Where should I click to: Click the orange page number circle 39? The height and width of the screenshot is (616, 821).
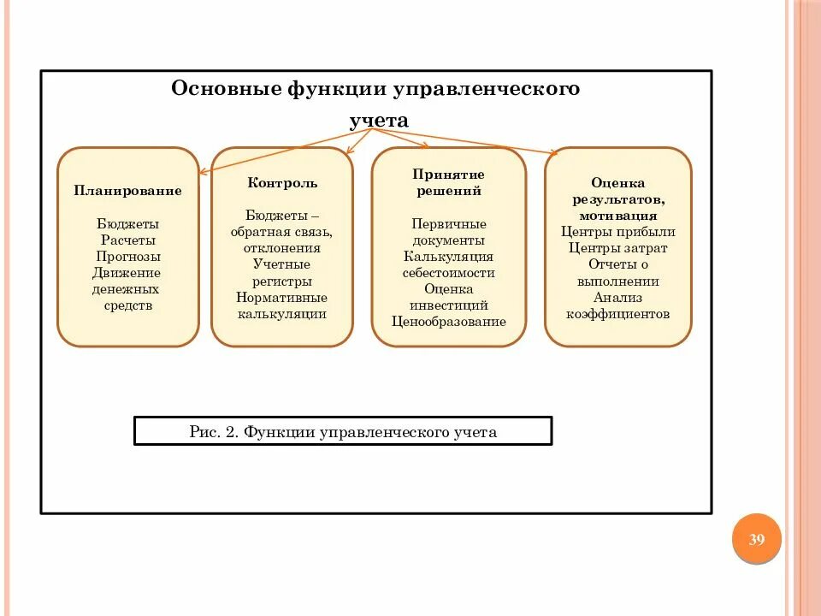pyautogui.click(x=756, y=539)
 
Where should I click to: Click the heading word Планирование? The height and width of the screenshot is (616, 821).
pyautogui.click(x=127, y=191)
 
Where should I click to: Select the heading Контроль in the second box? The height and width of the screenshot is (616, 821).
pyautogui.click(x=282, y=183)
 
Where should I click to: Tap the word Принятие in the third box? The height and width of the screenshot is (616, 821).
pyautogui.click(x=448, y=175)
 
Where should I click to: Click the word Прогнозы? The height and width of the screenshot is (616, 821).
pyautogui.click(x=128, y=256)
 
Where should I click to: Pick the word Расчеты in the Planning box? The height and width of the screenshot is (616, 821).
pyautogui.click(x=128, y=240)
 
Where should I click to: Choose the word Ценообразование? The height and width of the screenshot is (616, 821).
pyautogui.click(x=449, y=322)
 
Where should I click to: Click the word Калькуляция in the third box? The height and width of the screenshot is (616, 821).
pyautogui.click(x=449, y=256)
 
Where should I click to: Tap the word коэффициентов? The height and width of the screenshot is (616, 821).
pyautogui.click(x=617, y=313)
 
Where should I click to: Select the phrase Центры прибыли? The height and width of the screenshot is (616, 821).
pyautogui.click(x=617, y=232)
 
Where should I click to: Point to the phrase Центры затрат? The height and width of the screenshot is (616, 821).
pyautogui.click(x=617, y=248)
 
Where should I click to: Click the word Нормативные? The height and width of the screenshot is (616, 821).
pyautogui.click(x=282, y=297)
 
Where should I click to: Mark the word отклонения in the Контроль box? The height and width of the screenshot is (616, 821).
pyautogui.click(x=282, y=248)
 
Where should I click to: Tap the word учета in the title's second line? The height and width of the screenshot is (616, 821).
pyautogui.click(x=379, y=121)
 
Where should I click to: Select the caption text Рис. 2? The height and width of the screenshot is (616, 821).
pyautogui.click(x=213, y=432)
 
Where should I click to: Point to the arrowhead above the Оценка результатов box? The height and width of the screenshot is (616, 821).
pyautogui.click(x=555, y=153)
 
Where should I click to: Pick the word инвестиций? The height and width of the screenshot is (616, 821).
pyautogui.click(x=449, y=305)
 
